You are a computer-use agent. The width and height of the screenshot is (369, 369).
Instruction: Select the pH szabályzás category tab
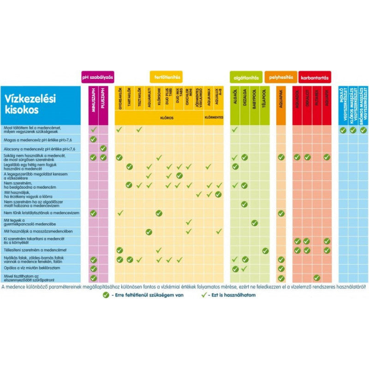[97, 77]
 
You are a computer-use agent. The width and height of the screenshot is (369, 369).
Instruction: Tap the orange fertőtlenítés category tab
[167, 77]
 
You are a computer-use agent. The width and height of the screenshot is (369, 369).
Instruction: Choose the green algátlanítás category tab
[247, 77]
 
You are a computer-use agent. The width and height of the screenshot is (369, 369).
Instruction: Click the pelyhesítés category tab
[280, 77]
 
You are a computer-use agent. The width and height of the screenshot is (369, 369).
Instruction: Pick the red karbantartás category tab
[315, 77]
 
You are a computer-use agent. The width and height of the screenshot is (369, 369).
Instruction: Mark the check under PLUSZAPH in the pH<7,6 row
[103, 148]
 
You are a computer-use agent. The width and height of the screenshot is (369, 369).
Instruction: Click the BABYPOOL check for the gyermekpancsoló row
[255, 222]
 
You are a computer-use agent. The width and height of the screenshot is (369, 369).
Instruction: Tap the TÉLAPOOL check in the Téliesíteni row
[265, 250]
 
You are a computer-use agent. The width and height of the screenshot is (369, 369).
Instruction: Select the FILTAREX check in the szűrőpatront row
[316, 278]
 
